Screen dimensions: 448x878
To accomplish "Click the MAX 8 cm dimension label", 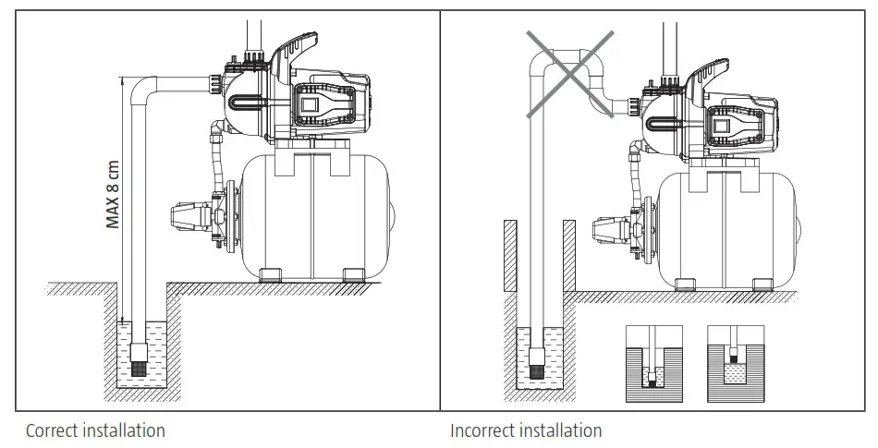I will (113, 195).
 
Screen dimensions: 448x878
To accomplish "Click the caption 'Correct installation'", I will (95, 430).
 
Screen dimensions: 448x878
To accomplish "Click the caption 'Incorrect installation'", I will (526, 430).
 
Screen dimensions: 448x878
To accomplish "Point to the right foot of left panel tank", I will (351, 275).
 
